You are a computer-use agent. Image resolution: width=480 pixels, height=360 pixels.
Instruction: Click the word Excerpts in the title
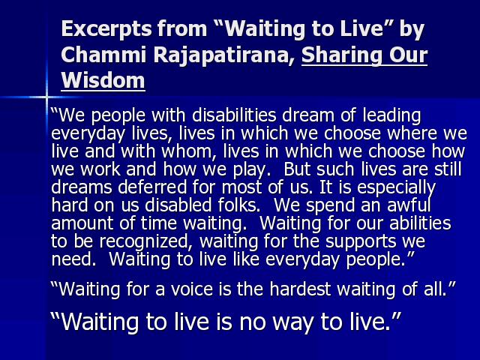pos(106,30)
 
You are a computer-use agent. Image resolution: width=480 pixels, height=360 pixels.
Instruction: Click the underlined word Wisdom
pos(103,80)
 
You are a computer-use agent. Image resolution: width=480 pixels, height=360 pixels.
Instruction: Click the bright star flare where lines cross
pos(46,97)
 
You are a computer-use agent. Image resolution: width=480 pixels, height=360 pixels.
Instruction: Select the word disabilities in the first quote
pos(234,115)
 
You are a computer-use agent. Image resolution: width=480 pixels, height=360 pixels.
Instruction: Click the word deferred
pos(152,187)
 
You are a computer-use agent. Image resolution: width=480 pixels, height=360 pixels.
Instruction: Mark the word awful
pos(409,205)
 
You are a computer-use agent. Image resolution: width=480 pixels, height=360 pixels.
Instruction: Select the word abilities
pos(420,223)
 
